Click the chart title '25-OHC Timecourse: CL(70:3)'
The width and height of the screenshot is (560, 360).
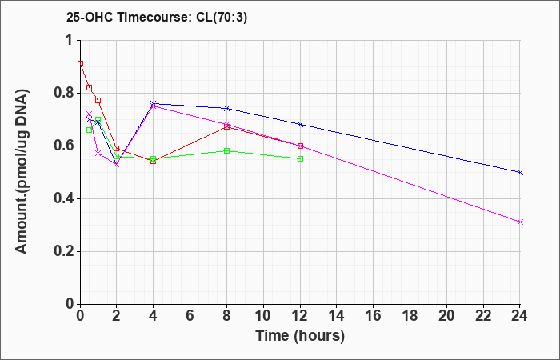click(157, 17)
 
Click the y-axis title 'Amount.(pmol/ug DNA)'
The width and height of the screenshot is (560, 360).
click(22, 172)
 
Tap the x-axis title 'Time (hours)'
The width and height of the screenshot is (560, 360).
click(300, 336)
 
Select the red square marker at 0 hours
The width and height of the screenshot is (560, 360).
click(80, 63)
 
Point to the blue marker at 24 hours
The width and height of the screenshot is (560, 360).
click(520, 172)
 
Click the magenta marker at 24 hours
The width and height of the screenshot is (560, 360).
click(520, 222)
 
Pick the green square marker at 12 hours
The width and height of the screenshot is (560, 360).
click(300, 159)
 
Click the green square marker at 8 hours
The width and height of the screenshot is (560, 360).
click(226, 150)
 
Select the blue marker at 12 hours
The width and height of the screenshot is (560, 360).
click(300, 124)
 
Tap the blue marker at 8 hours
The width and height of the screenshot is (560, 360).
click(226, 108)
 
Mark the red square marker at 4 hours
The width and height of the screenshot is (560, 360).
click(154, 162)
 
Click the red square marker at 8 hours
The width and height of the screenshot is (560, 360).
click(226, 126)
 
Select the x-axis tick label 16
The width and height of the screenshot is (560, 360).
click(374, 316)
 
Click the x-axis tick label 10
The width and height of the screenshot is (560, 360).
click(263, 316)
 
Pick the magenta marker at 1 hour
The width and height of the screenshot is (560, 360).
click(98, 154)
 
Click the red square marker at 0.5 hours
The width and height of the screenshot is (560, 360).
click(90, 88)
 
